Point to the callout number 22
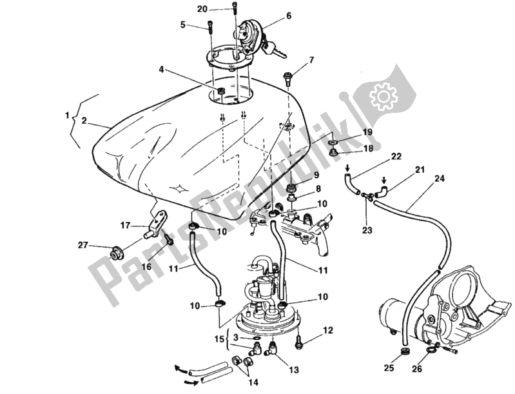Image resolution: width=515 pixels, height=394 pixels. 395,155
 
